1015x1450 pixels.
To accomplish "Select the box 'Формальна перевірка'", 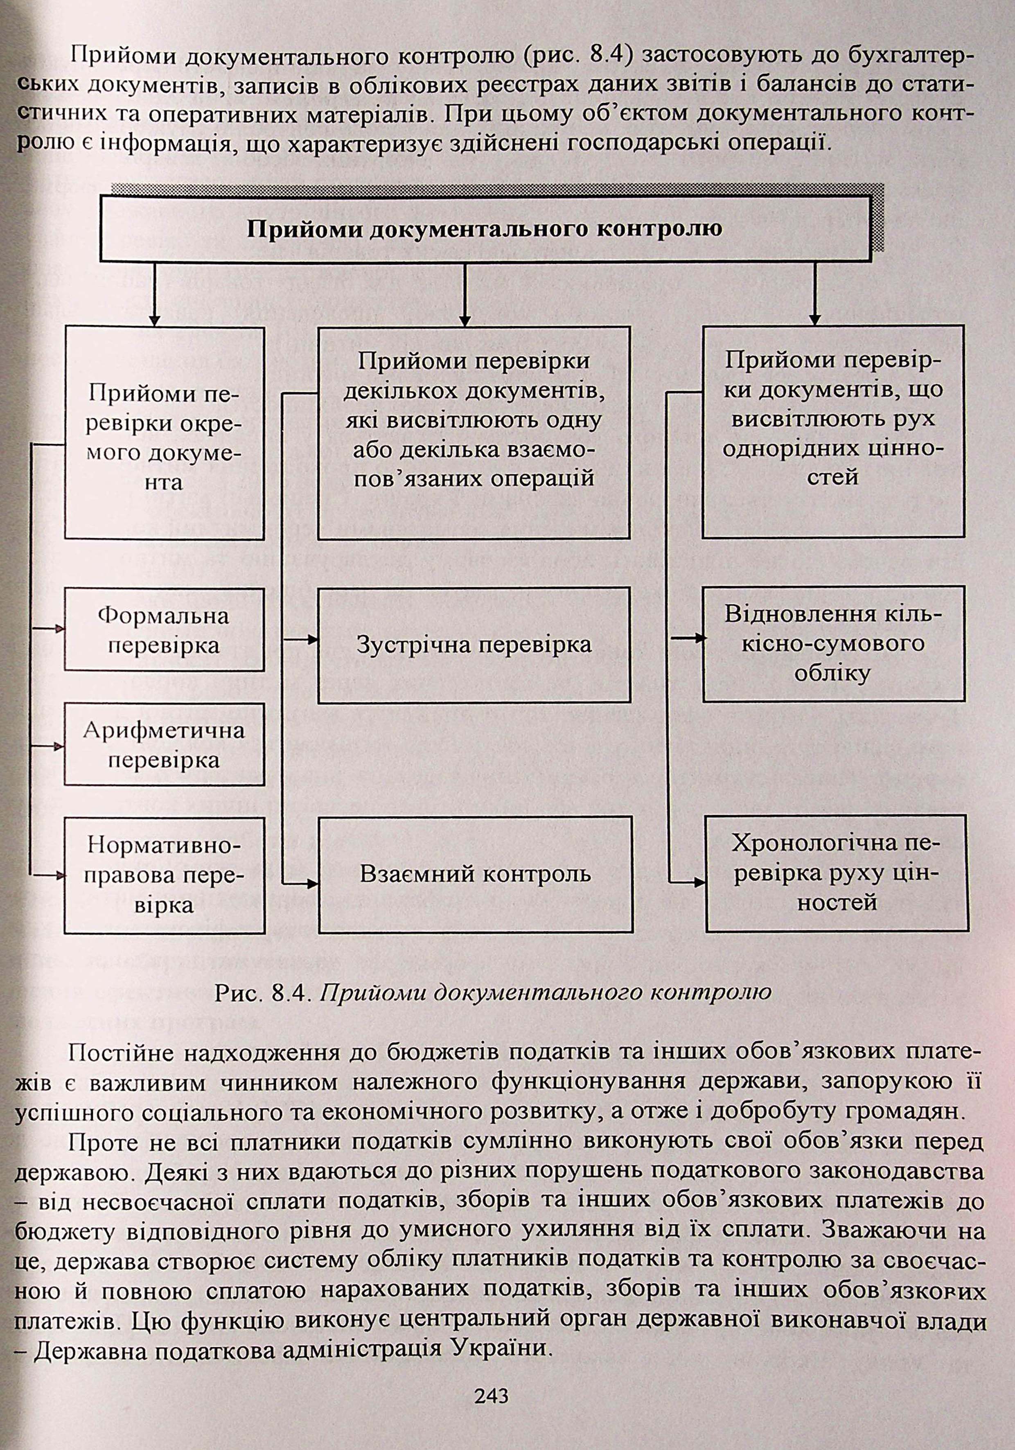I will point(164,629).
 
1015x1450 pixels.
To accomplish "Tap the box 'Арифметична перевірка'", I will point(164,745).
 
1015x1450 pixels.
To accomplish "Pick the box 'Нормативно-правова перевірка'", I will point(164,875).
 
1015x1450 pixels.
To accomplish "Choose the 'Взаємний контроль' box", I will point(476,874).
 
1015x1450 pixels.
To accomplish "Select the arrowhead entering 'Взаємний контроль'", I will point(313,882).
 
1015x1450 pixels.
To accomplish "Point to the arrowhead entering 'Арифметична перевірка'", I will point(60,745).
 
